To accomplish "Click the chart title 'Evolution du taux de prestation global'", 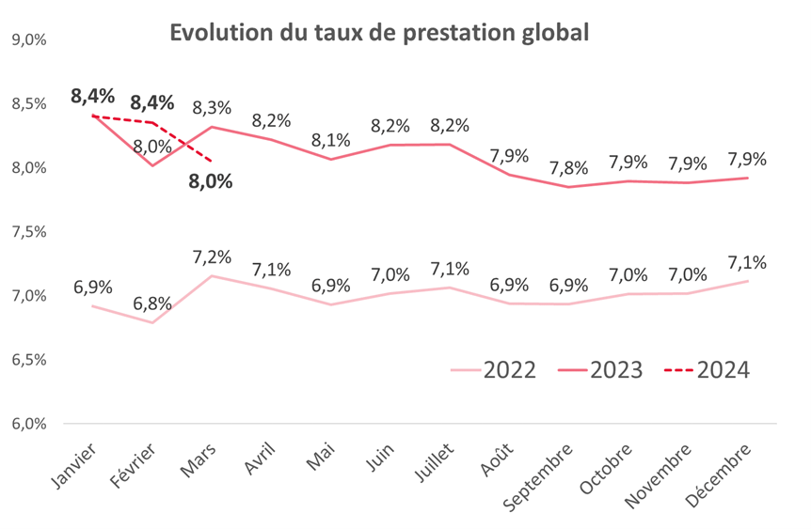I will [379, 33].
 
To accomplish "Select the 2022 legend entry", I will [493, 369].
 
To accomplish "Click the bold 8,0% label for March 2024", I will [210, 181].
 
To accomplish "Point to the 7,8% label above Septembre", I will [569, 168].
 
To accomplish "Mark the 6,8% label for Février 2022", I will [152, 304].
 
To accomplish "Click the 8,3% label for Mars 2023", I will [212, 108].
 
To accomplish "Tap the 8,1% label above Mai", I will [331, 140].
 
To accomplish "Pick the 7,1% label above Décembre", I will [747, 262].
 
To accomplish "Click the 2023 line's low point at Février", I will [152, 165].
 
